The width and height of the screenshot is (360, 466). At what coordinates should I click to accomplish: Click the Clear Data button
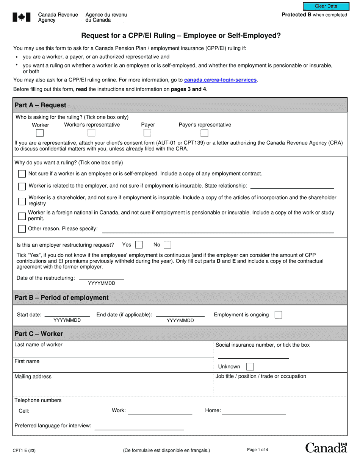point(326,6)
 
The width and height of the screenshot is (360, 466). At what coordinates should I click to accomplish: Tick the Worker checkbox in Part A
point(40,133)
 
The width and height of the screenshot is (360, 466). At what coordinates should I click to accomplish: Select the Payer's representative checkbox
point(204,133)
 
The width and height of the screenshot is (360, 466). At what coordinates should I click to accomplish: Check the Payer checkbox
point(147,133)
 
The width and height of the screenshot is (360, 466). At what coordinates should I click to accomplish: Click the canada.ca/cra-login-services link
point(220,80)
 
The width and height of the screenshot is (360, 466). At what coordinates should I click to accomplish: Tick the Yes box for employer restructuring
point(139,245)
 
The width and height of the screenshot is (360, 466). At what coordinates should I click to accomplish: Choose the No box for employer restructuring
point(167,245)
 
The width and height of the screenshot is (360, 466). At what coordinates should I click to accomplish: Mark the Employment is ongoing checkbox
point(278,315)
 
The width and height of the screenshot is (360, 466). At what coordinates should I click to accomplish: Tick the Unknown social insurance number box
point(250,366)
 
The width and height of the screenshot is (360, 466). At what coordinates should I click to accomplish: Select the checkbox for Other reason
point(22,229)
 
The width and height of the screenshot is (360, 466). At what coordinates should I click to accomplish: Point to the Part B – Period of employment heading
point(61,298)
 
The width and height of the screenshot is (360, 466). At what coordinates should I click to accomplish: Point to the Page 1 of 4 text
point(257,450)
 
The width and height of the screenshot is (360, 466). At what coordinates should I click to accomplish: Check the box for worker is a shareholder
point(22,201)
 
